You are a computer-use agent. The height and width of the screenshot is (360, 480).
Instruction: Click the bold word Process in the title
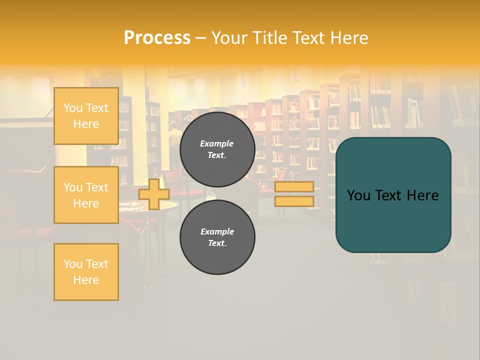(157, 38)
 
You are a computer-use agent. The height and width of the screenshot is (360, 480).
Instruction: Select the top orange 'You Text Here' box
(86, 116)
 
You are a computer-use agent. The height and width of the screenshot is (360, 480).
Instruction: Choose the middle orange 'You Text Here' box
(86, 195)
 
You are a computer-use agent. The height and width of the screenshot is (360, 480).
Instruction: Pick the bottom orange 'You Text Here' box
(86, 272)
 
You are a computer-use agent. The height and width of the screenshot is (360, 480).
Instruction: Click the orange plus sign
(154, 194)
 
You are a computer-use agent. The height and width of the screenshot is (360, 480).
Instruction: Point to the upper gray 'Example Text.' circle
(217, 149)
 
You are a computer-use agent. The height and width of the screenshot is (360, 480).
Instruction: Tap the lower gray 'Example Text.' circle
(217, 237)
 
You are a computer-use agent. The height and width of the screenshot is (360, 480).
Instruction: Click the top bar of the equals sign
(294, 186)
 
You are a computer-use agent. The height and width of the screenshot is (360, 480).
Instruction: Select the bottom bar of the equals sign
(294, 201)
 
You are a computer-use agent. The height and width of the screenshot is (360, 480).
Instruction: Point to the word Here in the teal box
(422, 195)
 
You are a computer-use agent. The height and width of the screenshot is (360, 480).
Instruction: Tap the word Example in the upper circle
(217, 144)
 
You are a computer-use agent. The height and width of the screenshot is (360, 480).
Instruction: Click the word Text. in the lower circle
(217, 243)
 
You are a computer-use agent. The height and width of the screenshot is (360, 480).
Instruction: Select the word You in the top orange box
(72, 108)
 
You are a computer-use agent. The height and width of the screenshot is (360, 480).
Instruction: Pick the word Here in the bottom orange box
(86, 280)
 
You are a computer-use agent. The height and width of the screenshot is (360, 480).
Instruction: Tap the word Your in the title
(227, 38)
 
